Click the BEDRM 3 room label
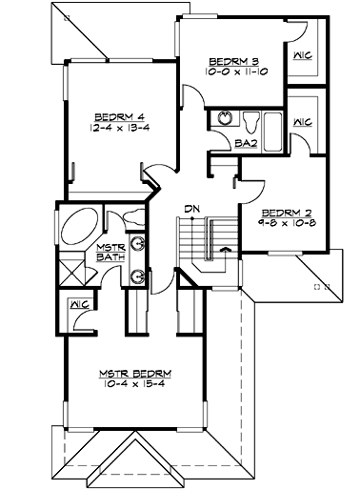229,63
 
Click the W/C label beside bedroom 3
304,54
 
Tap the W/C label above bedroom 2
304,122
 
